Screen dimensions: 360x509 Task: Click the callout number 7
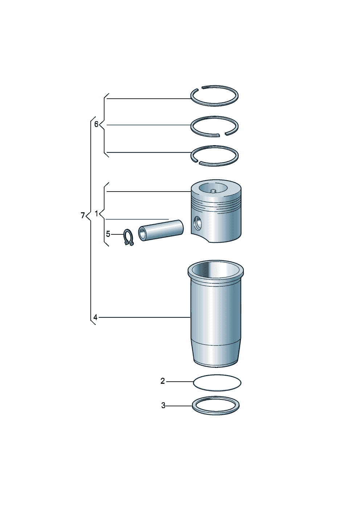[x=83, y=215]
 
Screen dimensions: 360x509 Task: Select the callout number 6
[x=96, y=124]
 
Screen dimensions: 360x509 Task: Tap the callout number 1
[x=97, y=214]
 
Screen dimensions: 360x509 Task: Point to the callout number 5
[x=108, y=234]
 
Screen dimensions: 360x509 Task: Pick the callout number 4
[x=95, y=317]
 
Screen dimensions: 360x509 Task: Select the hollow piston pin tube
[x=161, y=230]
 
